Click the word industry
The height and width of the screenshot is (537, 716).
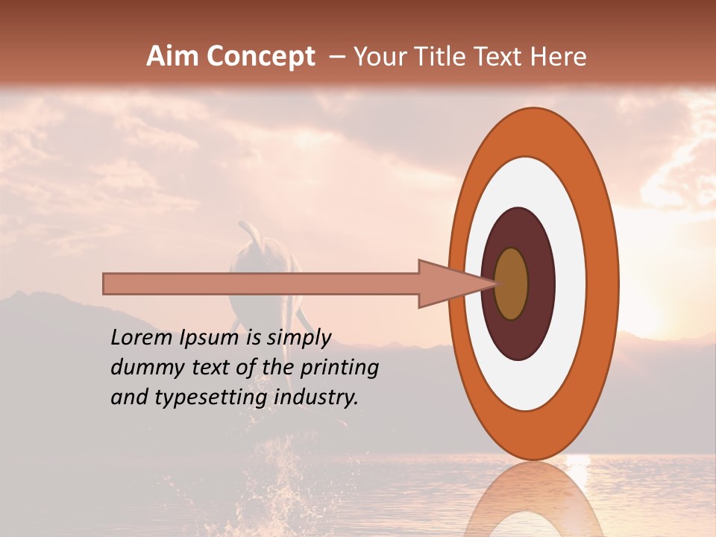point(316,398)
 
